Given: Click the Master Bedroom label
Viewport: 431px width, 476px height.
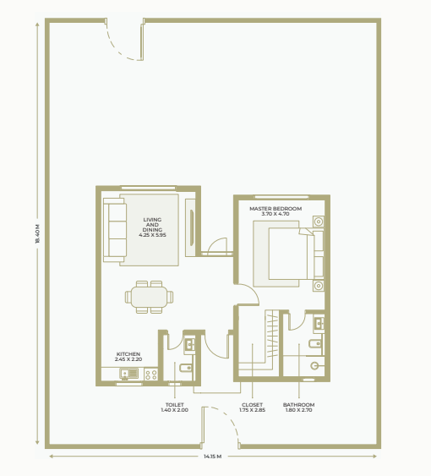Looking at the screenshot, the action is pos(276,211).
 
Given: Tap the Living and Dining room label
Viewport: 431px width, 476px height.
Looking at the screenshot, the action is pos(152,227).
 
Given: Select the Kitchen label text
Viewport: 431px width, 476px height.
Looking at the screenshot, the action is pos(128,357).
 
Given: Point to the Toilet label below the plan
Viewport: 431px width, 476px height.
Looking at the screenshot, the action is pos(175,407).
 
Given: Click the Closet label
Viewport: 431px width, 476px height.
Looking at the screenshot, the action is pos(252,407).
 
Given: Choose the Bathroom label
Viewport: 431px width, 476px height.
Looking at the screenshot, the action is pos(298,407).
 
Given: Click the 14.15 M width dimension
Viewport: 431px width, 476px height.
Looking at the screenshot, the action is pos(212,457).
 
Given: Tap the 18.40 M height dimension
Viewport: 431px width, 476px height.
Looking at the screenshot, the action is pos(37,233).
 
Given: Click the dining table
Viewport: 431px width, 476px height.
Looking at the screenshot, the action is pos(149,297).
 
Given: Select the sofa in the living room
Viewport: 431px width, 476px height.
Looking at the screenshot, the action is pos(115,230).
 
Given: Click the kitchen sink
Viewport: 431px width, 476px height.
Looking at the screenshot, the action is pos(129,373).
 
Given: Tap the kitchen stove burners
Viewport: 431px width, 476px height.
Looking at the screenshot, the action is pos(150,374).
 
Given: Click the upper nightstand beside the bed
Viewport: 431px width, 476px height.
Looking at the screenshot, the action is pos(319,222).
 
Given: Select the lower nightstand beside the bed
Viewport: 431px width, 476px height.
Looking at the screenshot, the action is pos(319,286).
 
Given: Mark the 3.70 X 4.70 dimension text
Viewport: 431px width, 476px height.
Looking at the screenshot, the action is pos(276,214).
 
